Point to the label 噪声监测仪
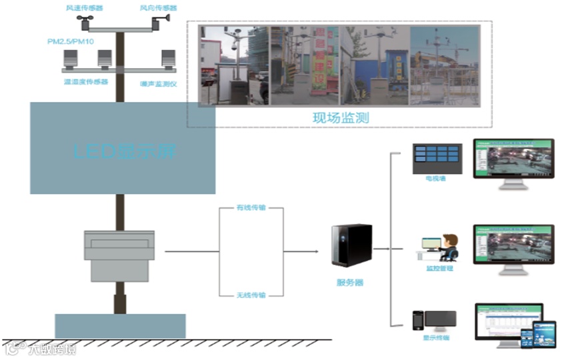[x=157, y=83]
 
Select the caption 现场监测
[x=341, y=118]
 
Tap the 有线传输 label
[x=251, y=208]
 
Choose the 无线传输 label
[x=251, y=295]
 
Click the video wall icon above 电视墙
[x=437, y=155]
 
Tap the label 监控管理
[x=439, y=268]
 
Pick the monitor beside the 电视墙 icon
[x=513, y=162]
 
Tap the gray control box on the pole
[x=119, y=255]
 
